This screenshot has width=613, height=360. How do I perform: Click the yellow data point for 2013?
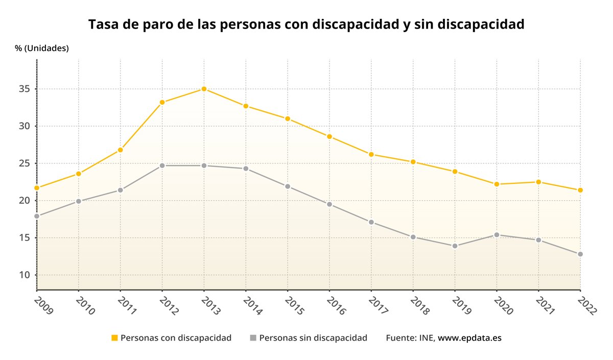pos(204,89)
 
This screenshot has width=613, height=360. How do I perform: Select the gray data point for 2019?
pos(455,246)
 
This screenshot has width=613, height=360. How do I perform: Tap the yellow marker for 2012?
pos(162,102)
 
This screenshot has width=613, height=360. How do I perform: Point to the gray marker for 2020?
pos(497,235)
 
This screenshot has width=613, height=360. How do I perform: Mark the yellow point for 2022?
pos(580,190)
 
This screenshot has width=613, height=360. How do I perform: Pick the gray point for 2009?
pos(37,216)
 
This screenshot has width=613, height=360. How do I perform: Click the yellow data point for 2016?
pos(329,136)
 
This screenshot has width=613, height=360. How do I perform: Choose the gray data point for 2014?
pos(246,169)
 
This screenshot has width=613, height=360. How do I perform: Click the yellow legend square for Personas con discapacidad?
pos(114,338)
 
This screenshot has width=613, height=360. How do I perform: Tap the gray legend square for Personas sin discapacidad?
pos(253,338)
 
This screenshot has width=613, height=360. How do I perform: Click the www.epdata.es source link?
pos(470,338)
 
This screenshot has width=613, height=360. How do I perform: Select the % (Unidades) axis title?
pos(42,49)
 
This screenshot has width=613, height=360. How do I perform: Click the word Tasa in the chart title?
pos(104,25)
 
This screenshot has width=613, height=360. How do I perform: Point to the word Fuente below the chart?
pos(401,338)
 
